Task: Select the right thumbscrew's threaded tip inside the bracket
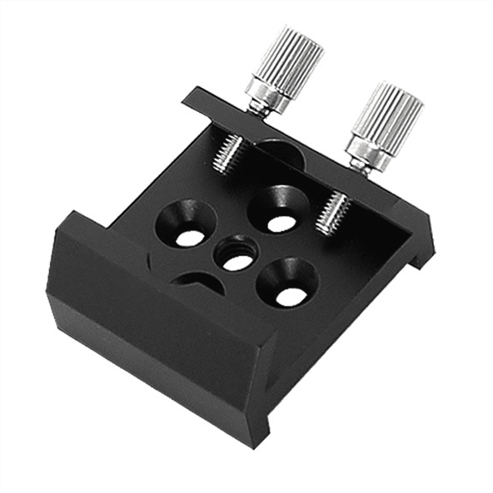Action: [x=334, y=213]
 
